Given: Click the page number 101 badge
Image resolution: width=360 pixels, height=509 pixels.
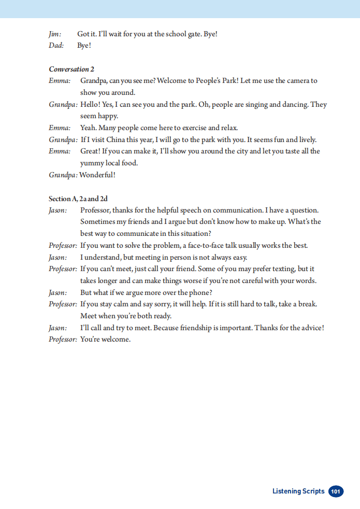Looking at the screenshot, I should pos(336,491).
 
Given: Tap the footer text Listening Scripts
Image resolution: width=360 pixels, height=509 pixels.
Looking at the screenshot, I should pos(298,491).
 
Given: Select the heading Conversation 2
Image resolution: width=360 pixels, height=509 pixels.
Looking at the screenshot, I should pos(71,69).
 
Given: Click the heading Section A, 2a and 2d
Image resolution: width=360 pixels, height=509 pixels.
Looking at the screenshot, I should pos(78,199).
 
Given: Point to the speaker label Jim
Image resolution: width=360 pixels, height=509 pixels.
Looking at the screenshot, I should pos(54,34).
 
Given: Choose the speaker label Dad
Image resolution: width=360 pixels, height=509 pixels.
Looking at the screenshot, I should pos(56,46).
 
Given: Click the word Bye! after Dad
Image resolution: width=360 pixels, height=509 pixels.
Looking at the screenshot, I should pos(84,46).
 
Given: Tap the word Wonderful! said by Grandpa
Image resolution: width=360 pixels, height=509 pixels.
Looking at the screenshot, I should pos(97,175).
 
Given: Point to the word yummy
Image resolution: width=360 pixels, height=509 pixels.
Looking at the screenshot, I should pos(92,163).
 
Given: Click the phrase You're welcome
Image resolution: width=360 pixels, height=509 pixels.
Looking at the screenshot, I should pos(106,340).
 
